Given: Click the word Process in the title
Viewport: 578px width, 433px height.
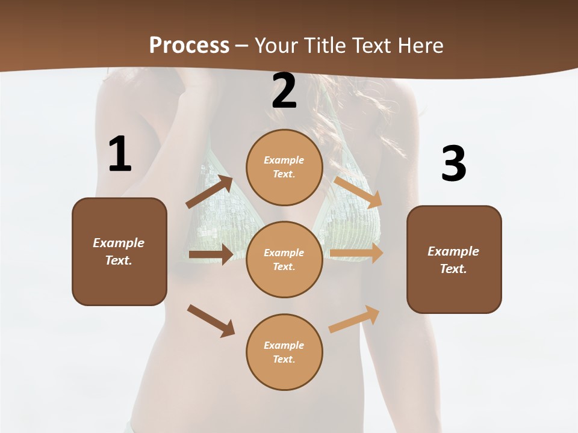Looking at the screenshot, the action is pyautogui.click(x=189, y=45).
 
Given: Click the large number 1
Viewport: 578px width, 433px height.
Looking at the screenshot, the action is pyautogui.click(x=120, y=154).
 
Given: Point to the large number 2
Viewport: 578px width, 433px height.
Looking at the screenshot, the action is pyautogui.click(x=284, y=91).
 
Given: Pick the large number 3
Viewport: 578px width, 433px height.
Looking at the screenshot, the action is pyautogui.click(x=453, y=164).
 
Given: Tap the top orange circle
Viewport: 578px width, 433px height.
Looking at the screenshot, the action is pyautogui.click(x=284, y=167).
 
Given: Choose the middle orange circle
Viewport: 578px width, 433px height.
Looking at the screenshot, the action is pyautogui.click(x=284, y=259).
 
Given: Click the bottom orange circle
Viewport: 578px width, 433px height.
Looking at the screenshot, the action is pyautogui.click(x=284, y=352).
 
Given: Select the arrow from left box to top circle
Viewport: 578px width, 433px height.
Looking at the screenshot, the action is pyautogui.click(x=210, y=192).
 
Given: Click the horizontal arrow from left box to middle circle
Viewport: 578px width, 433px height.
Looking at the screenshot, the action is pyautogui.click(x=211, y=254).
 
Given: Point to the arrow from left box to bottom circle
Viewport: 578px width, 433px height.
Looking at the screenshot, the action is pyautogui.click(x=211, y=321).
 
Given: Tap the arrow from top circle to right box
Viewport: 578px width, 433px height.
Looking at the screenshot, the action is pyautogui.click(x=358, y=192).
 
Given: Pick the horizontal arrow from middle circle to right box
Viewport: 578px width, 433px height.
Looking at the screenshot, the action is pyautogui.click(x=356, y=253).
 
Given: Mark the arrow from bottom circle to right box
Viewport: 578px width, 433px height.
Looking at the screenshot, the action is pyautogui.click(x=355, y=319).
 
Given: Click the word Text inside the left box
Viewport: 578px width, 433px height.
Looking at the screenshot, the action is pyautogui.click(x=118, y=260).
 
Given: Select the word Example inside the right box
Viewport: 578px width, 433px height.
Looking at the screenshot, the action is pyautogui.click(x=453, y=251).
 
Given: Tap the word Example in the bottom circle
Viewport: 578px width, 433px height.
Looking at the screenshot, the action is pyautogui.click(x=284, y=345).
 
